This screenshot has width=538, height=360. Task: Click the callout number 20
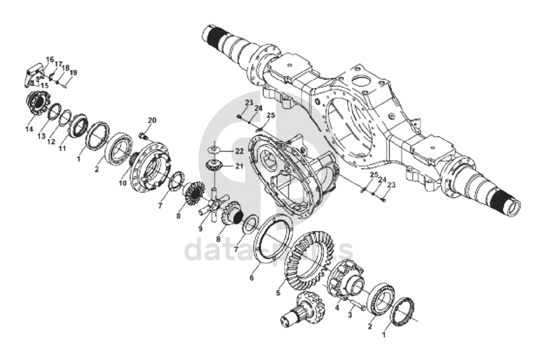point(152,120)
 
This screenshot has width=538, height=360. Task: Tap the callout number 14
point(29,130)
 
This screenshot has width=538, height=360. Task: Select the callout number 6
point(251,278)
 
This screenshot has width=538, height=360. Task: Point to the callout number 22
point(239,150)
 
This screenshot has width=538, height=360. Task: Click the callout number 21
point(239,166)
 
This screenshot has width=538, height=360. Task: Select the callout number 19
point(73,72)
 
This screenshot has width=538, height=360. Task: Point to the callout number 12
point(51,141)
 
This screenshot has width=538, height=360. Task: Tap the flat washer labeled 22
point(214,150)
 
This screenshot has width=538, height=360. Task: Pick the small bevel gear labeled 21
point(212,166)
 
